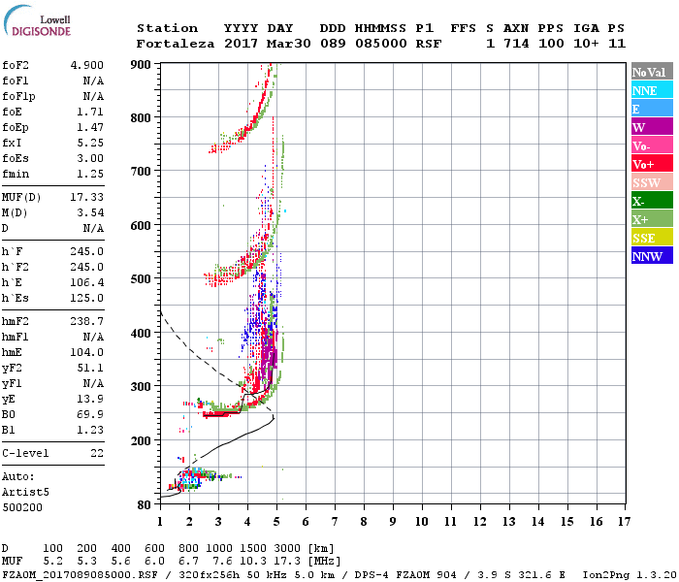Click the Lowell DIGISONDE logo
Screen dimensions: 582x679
coord(37,23)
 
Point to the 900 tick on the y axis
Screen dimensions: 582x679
coord(143,64)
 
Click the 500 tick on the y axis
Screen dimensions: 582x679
coord(143,278)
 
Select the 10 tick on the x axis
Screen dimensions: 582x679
coord(421,522)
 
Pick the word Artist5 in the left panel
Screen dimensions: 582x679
coord(25,492)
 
